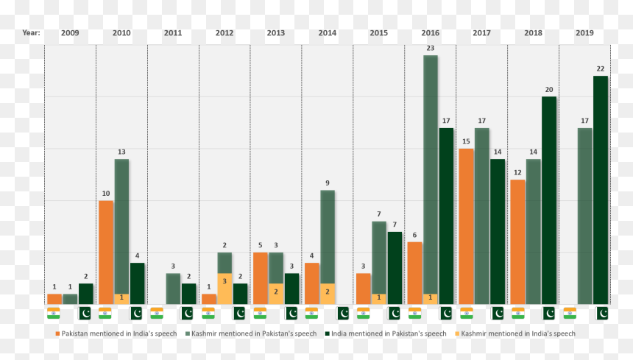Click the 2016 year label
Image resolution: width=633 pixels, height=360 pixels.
click(431, 32)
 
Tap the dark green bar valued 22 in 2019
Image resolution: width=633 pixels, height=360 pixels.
click(601, 190)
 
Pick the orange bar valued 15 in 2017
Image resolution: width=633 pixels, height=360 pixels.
click(466, 227)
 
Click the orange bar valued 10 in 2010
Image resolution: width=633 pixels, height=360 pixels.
click(106, 253)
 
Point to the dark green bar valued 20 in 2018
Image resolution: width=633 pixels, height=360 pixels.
click(549, 200)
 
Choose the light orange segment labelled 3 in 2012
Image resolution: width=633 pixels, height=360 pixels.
click(224, 289)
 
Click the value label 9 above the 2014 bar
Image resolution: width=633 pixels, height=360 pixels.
click(328, 183)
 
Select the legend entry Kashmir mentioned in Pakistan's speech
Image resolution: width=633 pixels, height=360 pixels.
click(251, 333)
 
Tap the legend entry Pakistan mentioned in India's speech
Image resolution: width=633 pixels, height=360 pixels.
click(116, 333)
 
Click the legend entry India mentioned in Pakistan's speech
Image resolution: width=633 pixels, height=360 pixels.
click(386, 333)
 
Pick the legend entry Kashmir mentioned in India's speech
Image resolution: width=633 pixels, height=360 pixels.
click(515, 333)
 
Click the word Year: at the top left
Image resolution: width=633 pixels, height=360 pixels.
click(31, 32)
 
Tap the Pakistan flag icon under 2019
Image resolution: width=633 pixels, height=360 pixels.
click(602, 313)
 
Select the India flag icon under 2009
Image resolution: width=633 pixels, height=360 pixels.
click(53, 313)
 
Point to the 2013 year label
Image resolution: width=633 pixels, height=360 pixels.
click(276, 32)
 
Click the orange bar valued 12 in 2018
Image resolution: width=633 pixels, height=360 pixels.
click(517, 242)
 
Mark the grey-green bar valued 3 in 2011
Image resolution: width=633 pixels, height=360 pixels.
click(173, 289)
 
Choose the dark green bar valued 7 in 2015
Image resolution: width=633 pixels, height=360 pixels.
click(395, 268)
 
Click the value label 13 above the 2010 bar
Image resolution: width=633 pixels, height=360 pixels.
click(121, 152)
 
